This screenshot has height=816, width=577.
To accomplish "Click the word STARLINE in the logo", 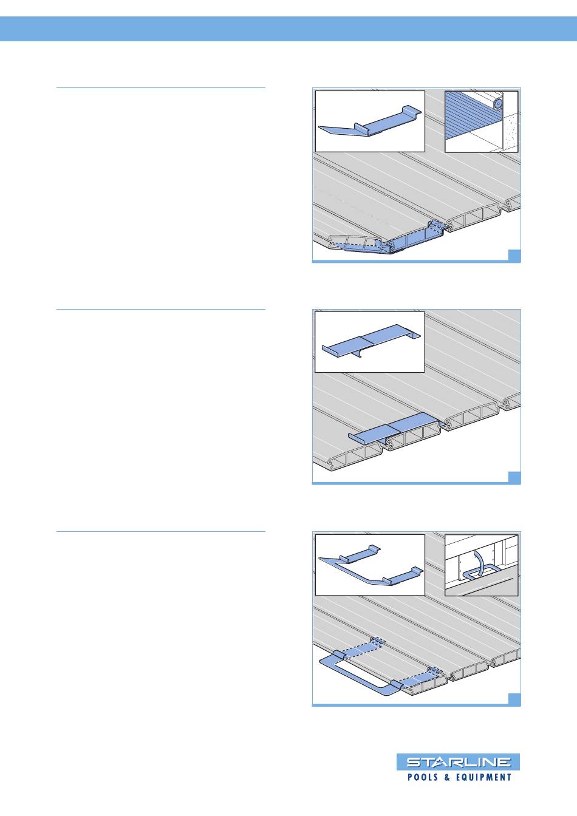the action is coord(458,762).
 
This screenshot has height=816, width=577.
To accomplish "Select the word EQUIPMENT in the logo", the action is coord(483,777).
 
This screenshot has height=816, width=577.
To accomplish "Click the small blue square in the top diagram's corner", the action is coord(514,255).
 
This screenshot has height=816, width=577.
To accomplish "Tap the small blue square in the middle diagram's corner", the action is coord(514,477).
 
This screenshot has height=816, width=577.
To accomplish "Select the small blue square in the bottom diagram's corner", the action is coord(514,699).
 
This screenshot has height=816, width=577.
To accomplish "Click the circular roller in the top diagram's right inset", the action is coord(497,104).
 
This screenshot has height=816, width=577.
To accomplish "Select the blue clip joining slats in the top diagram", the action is coord(394,240).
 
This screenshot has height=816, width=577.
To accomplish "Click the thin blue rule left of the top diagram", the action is coord(161,88).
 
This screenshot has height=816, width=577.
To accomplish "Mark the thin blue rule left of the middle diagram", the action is coord(161,310).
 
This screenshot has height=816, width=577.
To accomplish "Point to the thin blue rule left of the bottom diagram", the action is coord(161,531).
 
